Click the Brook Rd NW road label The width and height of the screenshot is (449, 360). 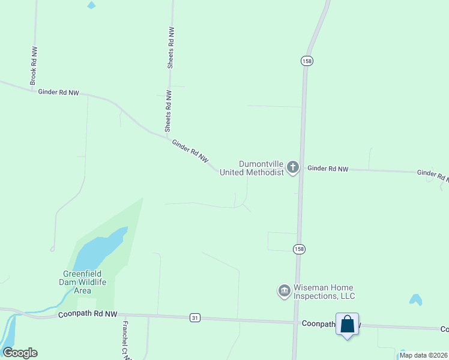(x=34, y=65)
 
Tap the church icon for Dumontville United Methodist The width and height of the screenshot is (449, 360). (x=293, y=167)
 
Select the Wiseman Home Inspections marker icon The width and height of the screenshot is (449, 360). (x=284, y=292)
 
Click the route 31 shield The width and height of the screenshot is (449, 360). (x=194, y=317)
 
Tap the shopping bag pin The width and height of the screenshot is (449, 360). (x=347, y=325)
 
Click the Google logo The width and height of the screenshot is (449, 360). (x=20, y=353)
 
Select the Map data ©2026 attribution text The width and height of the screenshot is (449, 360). (x=423, y=355)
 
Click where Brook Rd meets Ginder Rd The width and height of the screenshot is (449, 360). (x=34, y=90)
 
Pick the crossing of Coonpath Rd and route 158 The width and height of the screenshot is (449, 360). (x=295, y=323)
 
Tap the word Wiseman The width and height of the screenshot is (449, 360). (x=310, y=288)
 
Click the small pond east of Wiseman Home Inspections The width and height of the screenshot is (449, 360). (x=415, y=299)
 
